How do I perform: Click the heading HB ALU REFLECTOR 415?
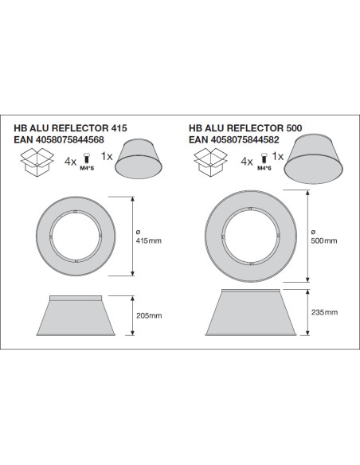click(71, 128)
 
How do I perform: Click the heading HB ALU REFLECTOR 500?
click(245, 128)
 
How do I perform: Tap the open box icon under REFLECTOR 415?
click(37, 162)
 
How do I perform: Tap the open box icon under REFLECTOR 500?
click(210, 162)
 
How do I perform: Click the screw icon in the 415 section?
click(87, 158)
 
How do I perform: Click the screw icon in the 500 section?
click(264, 158)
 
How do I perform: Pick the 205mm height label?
click(149, 315)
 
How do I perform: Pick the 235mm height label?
click(324, 312)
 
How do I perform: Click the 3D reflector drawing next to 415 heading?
click(139, 159)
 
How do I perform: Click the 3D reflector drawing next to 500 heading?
click(314, 158)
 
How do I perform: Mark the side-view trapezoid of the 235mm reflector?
click(251, 313)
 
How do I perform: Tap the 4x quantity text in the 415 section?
click(71, 162)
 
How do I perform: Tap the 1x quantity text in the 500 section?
click(278, 156)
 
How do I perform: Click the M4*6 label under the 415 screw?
click(87, 169)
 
